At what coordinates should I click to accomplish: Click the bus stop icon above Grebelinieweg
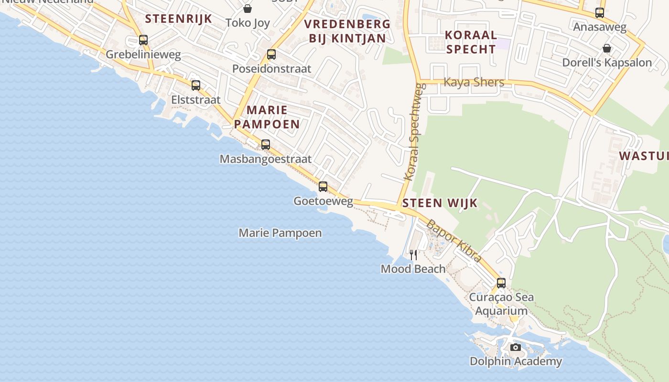point(143,40)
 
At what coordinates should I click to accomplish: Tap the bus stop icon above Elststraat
point(196,85)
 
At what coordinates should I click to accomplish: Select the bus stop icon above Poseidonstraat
point(271,54)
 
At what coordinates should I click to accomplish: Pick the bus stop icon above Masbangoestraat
point(266,145)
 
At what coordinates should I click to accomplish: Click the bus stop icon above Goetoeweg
point(323,187)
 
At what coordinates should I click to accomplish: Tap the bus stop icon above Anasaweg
point(600,13)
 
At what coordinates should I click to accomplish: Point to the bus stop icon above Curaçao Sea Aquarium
point(501,283)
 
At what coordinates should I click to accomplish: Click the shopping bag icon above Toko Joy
point(248,9)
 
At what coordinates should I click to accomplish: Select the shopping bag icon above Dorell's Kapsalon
point(607,48)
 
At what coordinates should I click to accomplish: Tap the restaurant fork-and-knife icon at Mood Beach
point(413,255)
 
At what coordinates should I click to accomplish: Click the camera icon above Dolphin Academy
point(516,347)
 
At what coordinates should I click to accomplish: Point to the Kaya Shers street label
point(474,82)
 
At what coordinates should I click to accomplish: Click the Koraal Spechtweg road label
point(414,132)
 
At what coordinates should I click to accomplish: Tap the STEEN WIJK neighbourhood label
point(440,203)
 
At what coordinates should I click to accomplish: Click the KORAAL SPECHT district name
point(471,42)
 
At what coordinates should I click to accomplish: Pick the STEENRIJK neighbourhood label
point(178,19)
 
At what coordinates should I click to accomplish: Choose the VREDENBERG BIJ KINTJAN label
point(347,31)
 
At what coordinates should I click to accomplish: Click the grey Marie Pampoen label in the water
point(280,233)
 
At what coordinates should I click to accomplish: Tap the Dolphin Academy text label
point(516,361)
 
